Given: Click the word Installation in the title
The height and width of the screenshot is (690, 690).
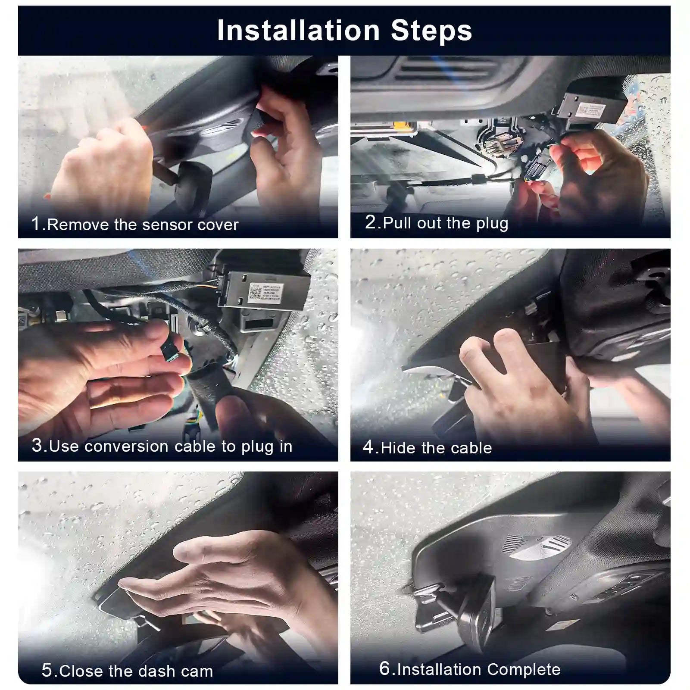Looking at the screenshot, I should click(298, 31).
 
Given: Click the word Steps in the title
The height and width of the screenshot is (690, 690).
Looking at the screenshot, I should click(431, 31).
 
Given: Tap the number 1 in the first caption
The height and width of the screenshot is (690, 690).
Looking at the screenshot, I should click(36, 224).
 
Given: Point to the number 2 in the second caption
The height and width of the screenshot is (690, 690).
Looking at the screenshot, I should click(371, 222).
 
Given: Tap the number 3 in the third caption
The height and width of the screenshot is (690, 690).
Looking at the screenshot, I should click(37, 445).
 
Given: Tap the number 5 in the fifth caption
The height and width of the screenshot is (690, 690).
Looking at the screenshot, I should click(47, 670).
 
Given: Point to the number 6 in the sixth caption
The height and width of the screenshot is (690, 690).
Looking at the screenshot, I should click(384, 668).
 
